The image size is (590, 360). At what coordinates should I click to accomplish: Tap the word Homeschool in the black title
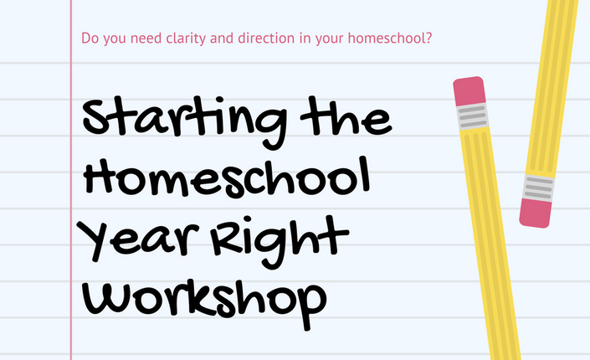click(227, 177)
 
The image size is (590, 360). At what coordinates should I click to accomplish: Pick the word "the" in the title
click(346, 116)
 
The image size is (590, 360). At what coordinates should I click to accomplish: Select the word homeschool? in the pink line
click(390, 38)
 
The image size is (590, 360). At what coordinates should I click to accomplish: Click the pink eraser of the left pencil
click(469, 91)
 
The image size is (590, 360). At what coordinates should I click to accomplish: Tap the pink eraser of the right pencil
click(536, 213)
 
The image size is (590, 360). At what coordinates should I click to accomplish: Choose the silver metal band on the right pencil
click(539, 188)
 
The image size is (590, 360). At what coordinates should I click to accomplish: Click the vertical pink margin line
click(71, 180)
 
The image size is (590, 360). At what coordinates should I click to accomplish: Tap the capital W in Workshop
click(105, 300)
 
